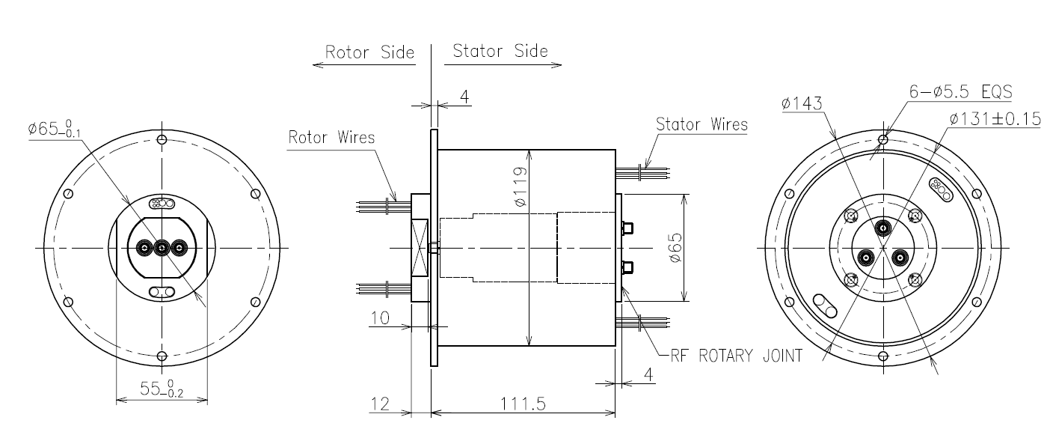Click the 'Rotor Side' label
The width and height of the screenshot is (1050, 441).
pos(369,52)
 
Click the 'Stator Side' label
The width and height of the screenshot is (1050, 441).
pos(500,51)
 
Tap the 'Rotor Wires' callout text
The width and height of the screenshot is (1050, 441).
pos(331,138)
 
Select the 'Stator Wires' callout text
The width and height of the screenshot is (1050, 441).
pos(701,124)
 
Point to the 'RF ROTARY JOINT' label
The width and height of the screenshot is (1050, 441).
pos(736,356)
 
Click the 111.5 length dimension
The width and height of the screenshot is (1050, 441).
pos(523,404)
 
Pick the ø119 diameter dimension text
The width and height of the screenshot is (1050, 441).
pos(521,186)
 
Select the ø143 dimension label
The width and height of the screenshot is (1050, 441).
pos(802,103)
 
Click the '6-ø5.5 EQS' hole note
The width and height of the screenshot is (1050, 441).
pos(960,91)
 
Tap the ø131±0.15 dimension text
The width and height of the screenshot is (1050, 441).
pos(995,119)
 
